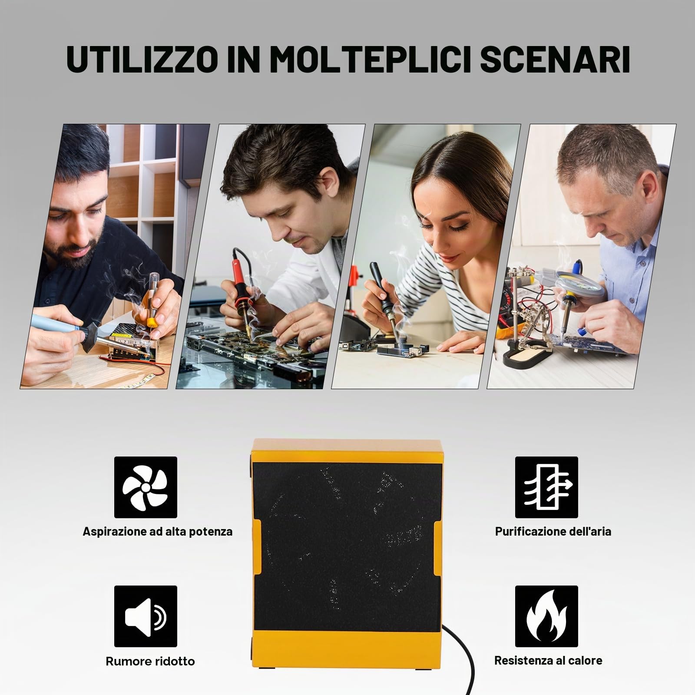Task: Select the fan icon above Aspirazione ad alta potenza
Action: [146, 487]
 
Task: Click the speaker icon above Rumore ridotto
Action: [146, 616]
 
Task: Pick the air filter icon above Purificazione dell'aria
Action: [546, 487]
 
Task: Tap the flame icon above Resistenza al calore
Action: [546, 616]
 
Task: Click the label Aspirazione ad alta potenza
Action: [158, 532]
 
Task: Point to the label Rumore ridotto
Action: [150, 661]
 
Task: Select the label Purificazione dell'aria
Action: [553, 531]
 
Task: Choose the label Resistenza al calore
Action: [548, 661]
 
